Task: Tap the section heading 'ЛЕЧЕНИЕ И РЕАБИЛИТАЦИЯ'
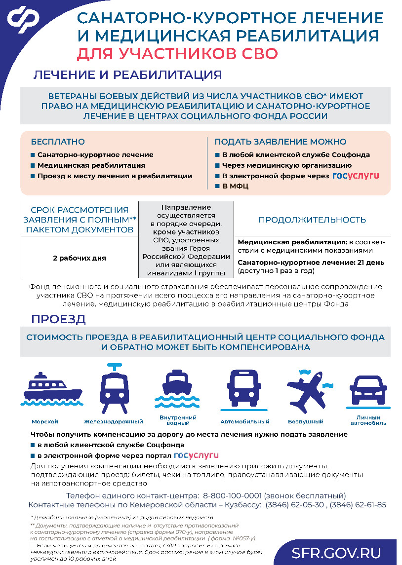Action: coord(127,75)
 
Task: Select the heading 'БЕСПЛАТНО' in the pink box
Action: coord(58,142)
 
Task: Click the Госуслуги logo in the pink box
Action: coord(356,176)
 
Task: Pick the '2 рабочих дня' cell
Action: coord(79,258)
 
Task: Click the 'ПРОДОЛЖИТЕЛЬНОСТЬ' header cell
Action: coord(312,220)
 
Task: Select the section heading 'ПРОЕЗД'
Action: coord(58,319)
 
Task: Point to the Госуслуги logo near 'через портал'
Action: coord(196,455)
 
